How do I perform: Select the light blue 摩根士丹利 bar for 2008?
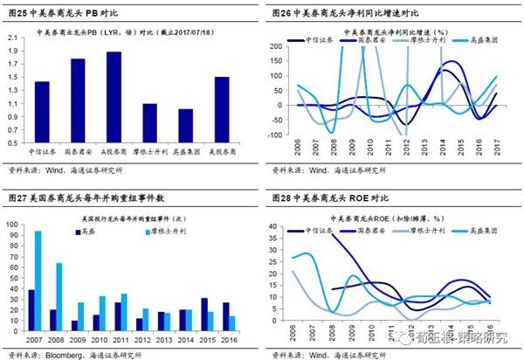[x=60, y=292]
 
